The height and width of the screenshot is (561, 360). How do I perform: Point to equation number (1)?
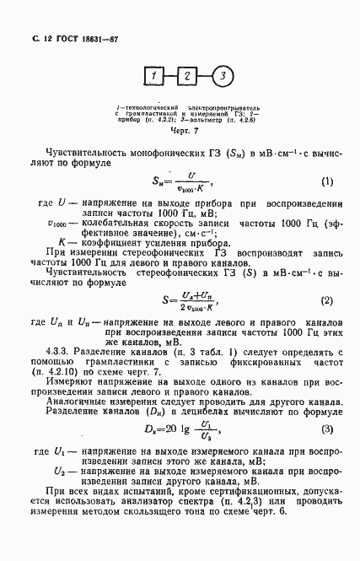click(x=326, y=181)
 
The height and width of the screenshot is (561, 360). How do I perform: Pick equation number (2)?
click(x=326, y=299)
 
